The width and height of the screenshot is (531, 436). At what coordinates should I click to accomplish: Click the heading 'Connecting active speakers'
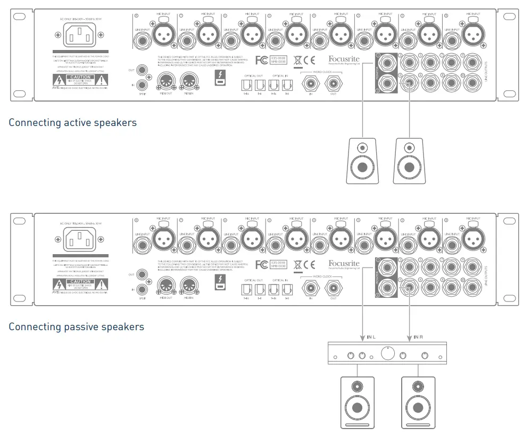pos(72,123)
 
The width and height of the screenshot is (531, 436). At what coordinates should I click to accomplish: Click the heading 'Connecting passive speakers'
pos(76,326)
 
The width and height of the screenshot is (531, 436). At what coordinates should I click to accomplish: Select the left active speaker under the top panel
pos(362,161)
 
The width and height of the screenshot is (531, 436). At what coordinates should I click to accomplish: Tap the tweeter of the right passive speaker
pos(418,387)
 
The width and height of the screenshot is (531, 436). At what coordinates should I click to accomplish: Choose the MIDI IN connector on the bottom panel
pos(189,287)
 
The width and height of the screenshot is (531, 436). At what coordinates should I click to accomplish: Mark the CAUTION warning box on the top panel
pos(80,78)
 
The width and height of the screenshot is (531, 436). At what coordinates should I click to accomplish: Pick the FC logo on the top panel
pos(262,60)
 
